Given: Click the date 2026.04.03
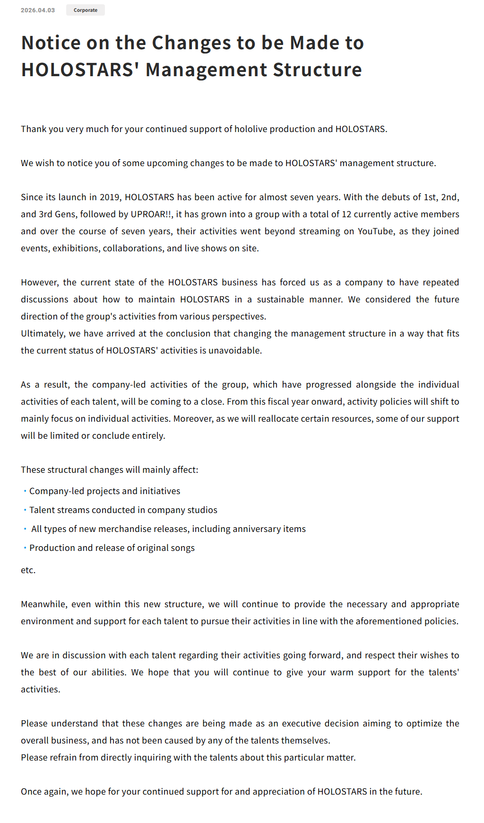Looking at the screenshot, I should (38, 10).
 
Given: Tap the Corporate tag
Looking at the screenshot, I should (86, 10).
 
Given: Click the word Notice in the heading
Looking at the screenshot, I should (51, 43).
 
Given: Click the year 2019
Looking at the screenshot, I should (109, 197).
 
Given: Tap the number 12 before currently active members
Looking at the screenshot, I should (346, 214).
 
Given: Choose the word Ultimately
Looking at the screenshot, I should (42, 334).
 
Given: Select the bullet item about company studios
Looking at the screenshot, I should (123, 510).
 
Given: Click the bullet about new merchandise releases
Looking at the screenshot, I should (168, 529).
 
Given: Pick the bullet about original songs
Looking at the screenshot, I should (112, 548).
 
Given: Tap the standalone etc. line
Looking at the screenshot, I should (28, 570).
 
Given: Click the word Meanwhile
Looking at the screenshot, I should (43, 604).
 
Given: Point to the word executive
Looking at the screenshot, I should (302, 724).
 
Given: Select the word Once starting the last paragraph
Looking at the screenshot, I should (31, 792).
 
